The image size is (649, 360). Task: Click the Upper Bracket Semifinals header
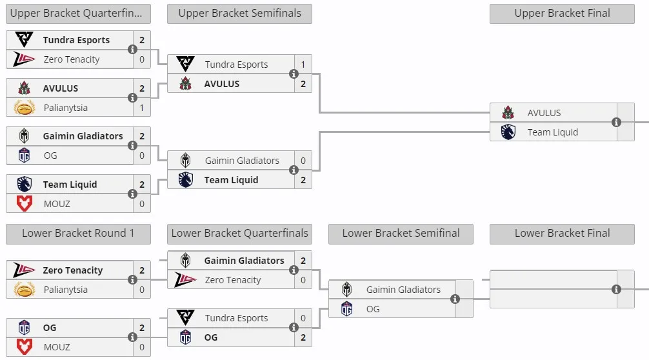pos(239,14)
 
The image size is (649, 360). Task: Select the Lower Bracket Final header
pos(562,234)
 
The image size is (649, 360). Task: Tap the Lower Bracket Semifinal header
pos(401,234)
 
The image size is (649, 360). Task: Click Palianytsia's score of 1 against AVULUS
pos(141,108)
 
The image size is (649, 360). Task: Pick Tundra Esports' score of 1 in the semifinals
pos(303,65)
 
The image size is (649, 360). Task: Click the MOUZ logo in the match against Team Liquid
pos(25,204)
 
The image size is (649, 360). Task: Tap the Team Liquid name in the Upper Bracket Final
pos(553,132)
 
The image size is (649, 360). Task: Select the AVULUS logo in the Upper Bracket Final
pos(508,112)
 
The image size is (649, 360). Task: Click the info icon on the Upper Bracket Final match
pos(616,122)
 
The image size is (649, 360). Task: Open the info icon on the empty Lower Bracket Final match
pos(616,289)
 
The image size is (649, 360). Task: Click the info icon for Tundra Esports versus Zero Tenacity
pos(132,49)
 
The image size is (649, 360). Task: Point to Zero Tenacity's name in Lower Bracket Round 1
pos(73,270)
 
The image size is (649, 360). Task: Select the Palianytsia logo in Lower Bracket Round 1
pos(25,290)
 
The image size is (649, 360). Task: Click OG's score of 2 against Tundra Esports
pos(303,337)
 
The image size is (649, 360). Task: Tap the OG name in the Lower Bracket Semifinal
pos(373,309)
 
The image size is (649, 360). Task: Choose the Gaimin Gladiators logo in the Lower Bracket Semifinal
pos(347,290)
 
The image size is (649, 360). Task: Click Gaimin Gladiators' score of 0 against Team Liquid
pos(303,161)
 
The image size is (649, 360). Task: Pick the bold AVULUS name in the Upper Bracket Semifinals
pos(222,84)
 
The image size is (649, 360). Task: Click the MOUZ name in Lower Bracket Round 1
pos(57,347)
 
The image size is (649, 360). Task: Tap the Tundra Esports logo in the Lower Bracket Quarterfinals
pos(185,318)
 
